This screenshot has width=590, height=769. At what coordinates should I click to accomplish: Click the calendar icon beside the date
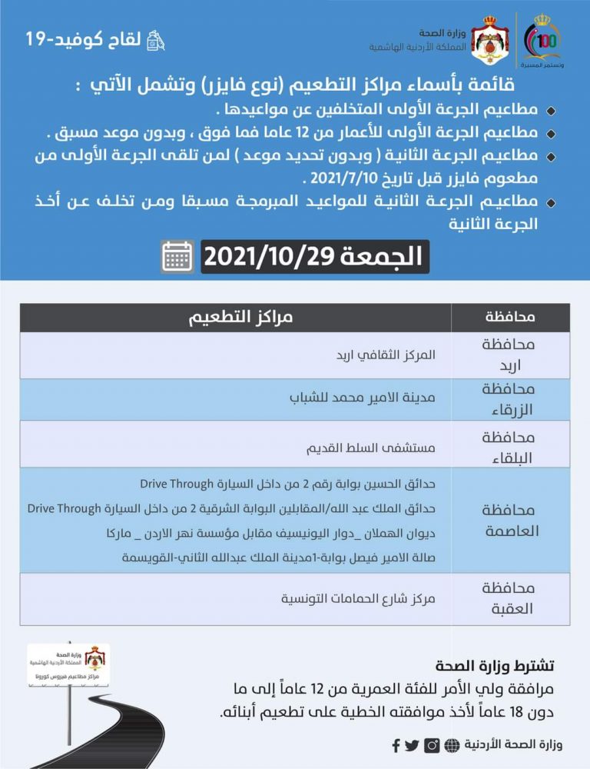[x=177, y=257]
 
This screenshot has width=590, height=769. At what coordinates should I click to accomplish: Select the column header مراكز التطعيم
[x=241, y=318]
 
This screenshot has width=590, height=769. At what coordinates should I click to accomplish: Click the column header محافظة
[x=511, y=318]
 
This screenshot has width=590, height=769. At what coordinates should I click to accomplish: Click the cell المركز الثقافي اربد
[x=386, y=355]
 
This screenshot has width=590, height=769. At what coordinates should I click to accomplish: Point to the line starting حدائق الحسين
[x=287, y=484]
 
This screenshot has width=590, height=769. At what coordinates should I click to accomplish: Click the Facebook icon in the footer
[x=396, y=745]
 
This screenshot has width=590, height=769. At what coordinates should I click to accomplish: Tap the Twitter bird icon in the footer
[x=413, y=745]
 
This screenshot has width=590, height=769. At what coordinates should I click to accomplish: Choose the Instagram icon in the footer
[x=433, y=745]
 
